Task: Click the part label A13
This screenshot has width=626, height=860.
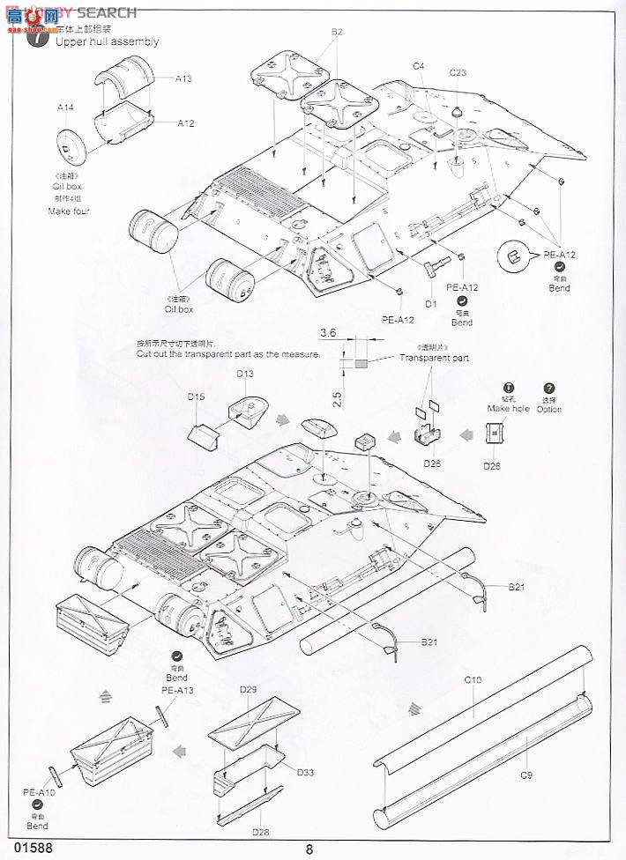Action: click(x=183, y=78)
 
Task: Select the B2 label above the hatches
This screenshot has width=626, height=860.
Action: click(x=337, y=32)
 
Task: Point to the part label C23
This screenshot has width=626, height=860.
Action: click(x=458, y=73)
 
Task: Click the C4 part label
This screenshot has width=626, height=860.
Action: click(x=418, y=66)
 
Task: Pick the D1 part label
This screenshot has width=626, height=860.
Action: click(x=431, y=304)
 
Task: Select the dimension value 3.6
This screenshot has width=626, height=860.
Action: click(x=328, y=332)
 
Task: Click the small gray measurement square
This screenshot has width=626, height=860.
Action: click(x=361, y=360)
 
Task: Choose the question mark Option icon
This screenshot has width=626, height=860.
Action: click(x=549, y=389)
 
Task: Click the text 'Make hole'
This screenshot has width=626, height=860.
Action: click(x=509, y=409)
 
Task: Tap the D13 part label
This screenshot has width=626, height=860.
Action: click(x=244, y=374)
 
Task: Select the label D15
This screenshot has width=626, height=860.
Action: click(x=196, y=397)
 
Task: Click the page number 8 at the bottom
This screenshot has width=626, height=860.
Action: click(x=309, y=849)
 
